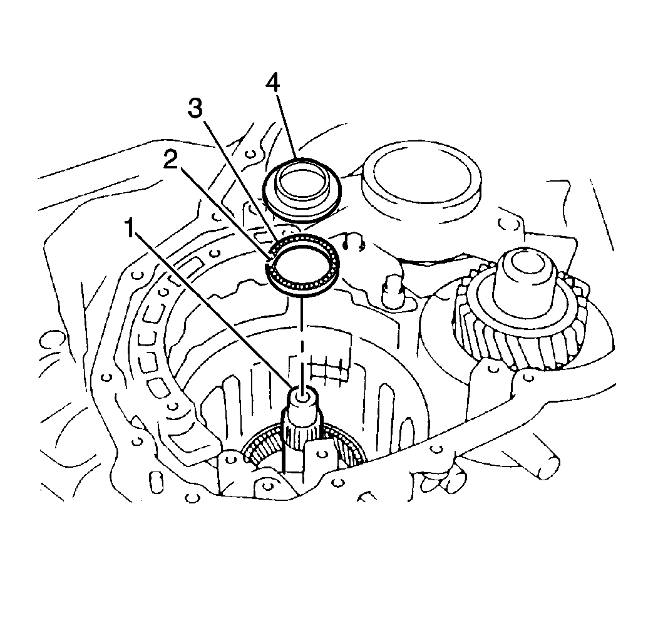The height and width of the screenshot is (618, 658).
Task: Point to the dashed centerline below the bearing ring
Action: coord(302,338)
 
